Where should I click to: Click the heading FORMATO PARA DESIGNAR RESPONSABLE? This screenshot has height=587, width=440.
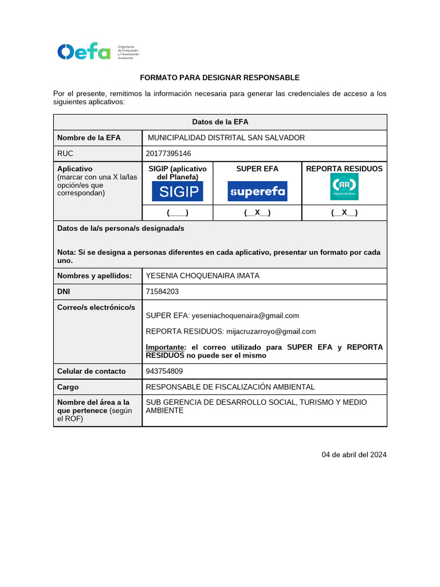click(x=220, y=77)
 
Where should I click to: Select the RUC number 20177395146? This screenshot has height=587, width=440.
click(x=168, y=154)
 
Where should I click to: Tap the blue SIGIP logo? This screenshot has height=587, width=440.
click(x=178, y=191)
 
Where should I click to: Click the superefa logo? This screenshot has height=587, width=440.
click(x=257, y=191)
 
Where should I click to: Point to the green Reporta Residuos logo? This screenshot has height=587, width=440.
click(x=344, y=187)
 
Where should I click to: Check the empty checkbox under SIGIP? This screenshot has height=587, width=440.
click(x=178, y=213)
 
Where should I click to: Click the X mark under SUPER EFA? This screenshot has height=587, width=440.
click(x=257, y=213)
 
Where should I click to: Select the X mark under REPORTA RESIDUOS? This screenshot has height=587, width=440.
click(x=344, y=213)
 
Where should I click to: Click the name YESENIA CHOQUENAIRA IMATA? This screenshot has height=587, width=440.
click(x=203, y=276)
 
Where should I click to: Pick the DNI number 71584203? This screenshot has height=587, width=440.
click(x=162, y=291)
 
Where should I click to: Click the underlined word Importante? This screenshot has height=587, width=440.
click(x=165, y=347)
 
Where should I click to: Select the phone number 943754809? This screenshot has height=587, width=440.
click(x=164, y=371)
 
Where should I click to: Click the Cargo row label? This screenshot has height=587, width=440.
click(x=68, y=387)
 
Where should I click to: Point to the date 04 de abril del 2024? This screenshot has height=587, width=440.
click(x=354, y=455)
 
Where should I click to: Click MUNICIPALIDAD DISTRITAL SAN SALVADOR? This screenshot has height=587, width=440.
click(x=226, y=138)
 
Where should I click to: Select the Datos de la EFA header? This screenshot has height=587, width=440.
click(x=220, y=122)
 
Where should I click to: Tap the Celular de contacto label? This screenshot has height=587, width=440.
click(x=92, y=371)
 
